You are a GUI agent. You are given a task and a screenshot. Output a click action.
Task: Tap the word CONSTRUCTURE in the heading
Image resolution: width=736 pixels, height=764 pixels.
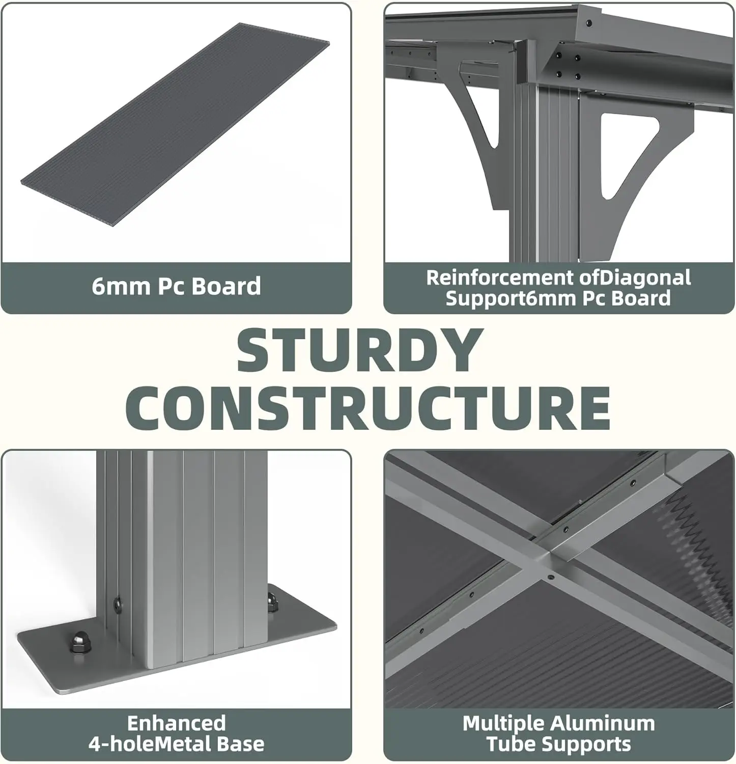point(367,408)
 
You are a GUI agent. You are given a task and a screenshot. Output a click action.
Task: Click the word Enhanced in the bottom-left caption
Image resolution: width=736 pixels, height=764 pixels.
point(176,723)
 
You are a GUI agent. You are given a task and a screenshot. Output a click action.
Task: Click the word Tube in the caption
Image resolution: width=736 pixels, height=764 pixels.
point(509,745)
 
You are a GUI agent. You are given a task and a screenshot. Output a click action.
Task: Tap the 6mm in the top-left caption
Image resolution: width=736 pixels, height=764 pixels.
point(121,286)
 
